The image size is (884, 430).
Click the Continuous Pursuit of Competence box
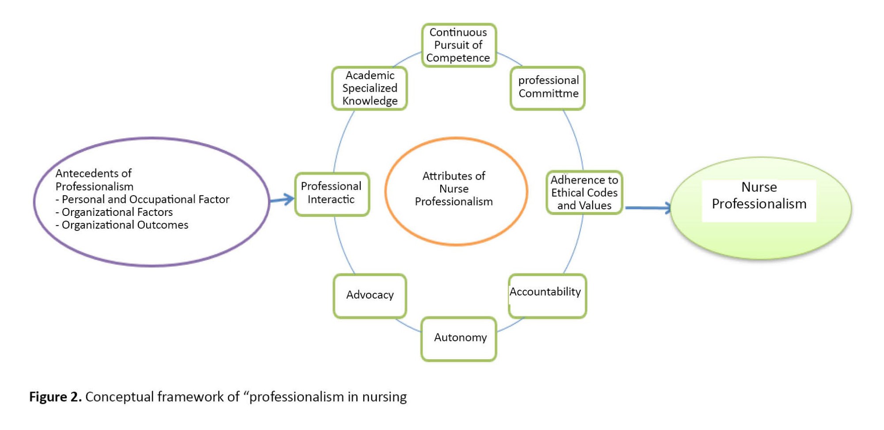pyautogui.click(x=458, y=45)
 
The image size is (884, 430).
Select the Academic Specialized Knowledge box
pyautogui.click(x=370, y=88)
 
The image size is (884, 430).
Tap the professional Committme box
pyautogui.click(x=548, y=88)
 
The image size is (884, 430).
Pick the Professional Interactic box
pyautogui.click(x=331, y=193)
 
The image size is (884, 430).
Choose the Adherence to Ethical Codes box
pyautogui.click(x=584, y=192)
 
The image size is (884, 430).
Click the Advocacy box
pyautogui.click(x=370, y=295)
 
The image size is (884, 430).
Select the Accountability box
pyautogui.click(x=547, y=295)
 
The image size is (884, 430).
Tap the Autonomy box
pyautogui.click(x=459, y=338)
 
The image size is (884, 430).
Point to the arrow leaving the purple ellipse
pyautogui.click(x=282, y=200)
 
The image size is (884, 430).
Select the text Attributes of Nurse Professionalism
pyautogui.click(x=454, y=189)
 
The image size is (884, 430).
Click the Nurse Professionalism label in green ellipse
pyautogui.click(x=759, y=196)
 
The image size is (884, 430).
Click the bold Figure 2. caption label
pyautogui.click(x=55, y=397)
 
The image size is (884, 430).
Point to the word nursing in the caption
pyautogui.click(x=384, y=397)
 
